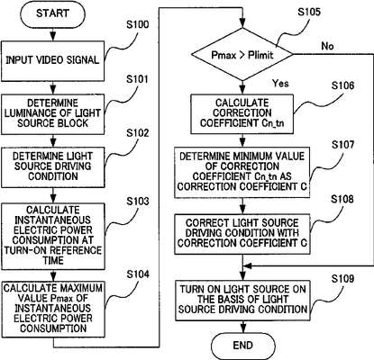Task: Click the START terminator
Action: click(52, 13)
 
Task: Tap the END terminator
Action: click(242, 346)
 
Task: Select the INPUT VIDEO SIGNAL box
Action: click(52, 61)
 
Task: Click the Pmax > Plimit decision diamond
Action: click(242, 55)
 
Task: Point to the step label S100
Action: click(138, 24)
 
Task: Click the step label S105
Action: click(309, 12)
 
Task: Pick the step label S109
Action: click(342, 279)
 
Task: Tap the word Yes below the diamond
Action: click(280, 83)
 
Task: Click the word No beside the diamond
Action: click(327, 46)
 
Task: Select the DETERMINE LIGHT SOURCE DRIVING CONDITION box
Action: click(52, 167)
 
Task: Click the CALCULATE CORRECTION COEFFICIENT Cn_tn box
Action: click(242, 113)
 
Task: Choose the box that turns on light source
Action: click(242, 301)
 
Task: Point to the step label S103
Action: click(138, 202)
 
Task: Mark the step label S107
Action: click(342, 145)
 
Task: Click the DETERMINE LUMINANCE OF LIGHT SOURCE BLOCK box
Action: click(52, 114)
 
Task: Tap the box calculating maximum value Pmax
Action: click(52, 309)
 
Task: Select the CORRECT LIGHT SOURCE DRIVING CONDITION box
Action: click(242, 234)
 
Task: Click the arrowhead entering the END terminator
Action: click(242, 328)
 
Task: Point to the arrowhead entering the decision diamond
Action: click(242, 23)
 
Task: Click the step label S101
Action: click(138, 79)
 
